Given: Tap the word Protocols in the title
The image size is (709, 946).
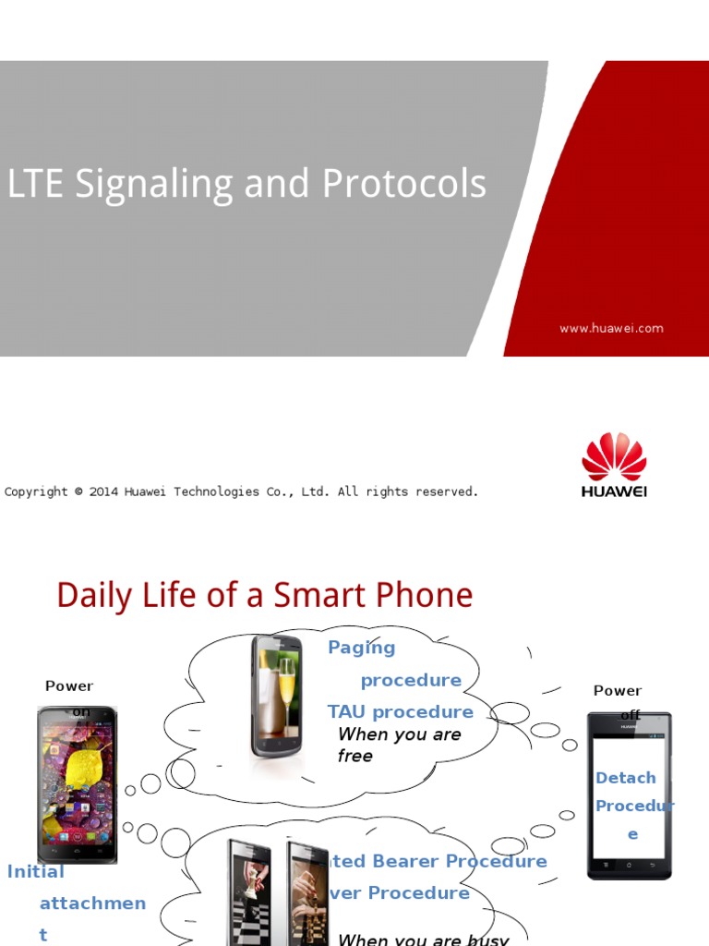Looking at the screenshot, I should point(403,184).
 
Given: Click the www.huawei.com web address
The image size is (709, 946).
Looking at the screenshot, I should point(611,328).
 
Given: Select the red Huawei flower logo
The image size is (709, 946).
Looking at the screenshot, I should point(614,456).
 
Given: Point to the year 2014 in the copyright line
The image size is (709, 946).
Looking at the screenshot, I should point(103,491).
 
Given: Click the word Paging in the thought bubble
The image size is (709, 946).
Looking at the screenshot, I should point(361,648).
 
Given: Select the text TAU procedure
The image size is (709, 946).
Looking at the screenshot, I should point(400,711).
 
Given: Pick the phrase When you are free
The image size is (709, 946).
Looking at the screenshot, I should point(399,745).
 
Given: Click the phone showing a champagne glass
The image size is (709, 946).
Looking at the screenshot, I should point(276,696).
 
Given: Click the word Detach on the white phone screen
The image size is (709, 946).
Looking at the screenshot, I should point(626,778).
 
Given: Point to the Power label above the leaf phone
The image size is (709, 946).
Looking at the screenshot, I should point(69,685).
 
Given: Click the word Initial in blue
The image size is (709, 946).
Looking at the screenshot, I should point(36,871).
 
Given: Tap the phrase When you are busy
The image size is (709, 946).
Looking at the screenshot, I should point(423,939).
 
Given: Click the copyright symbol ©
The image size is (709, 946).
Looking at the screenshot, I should point(78,491).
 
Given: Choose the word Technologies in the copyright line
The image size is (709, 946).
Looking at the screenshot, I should point(219,491).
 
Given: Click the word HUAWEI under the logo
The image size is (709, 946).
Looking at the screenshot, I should point(614,491).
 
